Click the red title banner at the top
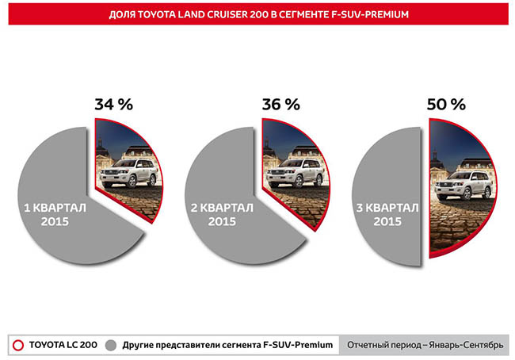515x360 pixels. click(x=258, y=13)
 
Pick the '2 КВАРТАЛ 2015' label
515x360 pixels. click(x=223, y=214)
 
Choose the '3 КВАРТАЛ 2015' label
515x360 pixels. click(x=389, y=214)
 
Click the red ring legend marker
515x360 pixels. click(x=17, y=344)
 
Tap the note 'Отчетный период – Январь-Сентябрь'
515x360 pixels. click(x=424, y=344)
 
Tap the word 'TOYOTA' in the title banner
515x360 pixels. click(x=162, y=13)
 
